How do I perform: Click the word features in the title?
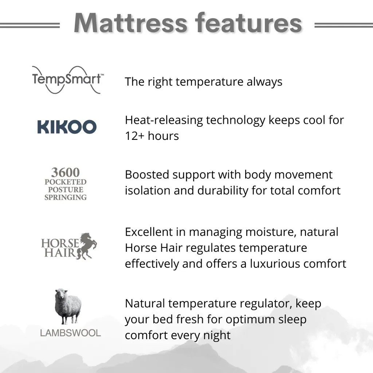pyautogui.click(x=249, y=23)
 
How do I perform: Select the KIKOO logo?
pyautogui.click(x=67, y=127)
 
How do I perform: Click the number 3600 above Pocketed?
pyautogui.click(x=66, y=172)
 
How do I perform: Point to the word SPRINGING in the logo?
pyautogui.click(x=66, y=197)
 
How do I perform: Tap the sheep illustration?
pyautogui.click(x=68, y=306)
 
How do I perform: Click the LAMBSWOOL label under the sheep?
pyautogui.click(x=70, y=333)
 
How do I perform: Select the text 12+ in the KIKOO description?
pyautogui.click(x=133, y=136)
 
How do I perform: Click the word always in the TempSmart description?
pyautogui.click(x=264, y=82)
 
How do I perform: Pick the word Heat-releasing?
pyautogui.click(x=164, y=120)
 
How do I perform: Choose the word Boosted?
pyautogui.click(x=147, y=174)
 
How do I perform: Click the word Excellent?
pyautogui.click(x=155, y=232)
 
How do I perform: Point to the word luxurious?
pyautogui.click(x=279, y=264)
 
